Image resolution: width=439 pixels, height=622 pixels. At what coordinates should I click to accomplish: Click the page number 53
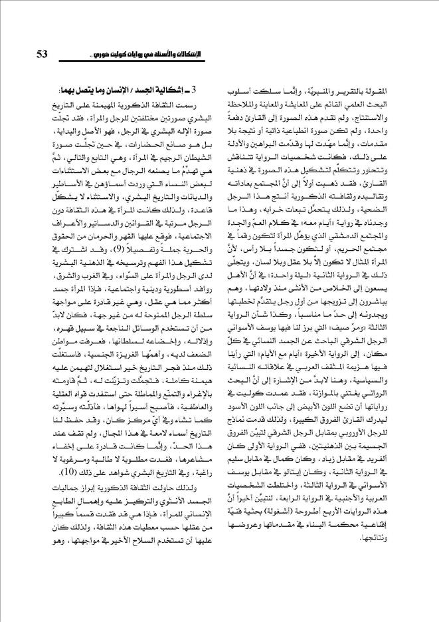44,54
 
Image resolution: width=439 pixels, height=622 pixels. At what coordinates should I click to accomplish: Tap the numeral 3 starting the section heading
208,90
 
